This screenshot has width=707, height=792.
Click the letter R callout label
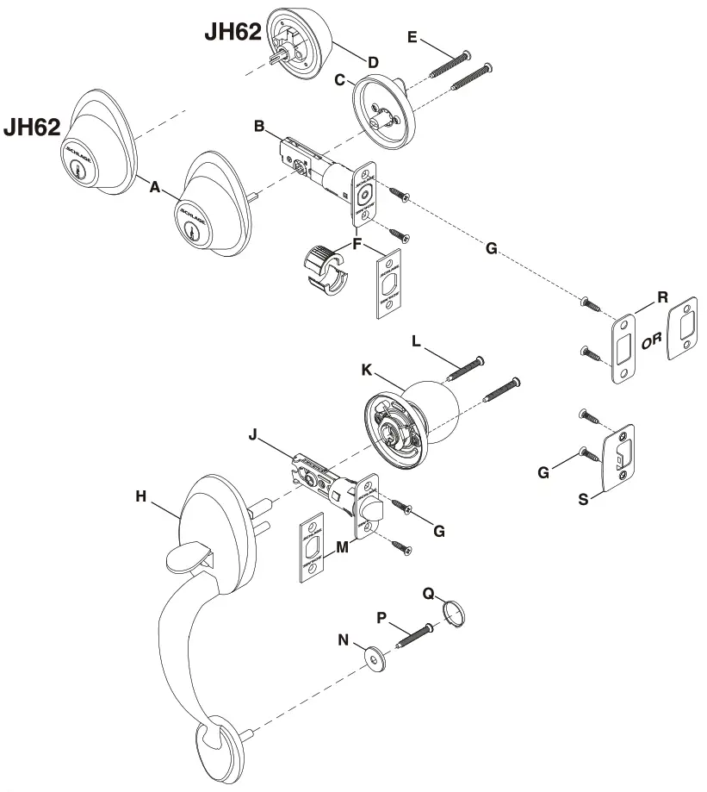(662, 296)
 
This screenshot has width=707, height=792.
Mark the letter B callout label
(258, 127)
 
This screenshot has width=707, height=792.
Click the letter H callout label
(140, 496)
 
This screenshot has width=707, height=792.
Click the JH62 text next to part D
(233, 31)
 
